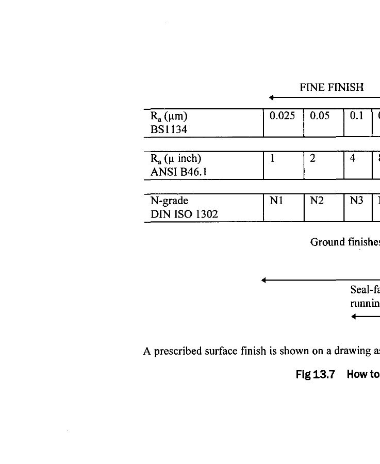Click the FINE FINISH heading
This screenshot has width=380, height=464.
(x=332, y=88)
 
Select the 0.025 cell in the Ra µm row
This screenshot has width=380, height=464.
(x=283, y=116)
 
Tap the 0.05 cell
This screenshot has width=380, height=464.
(x=320, y=116)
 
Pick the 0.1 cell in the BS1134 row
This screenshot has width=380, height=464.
(x=357, y=116)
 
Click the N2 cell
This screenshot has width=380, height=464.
(x=317, y=201)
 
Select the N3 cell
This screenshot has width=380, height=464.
(x=357, y=201)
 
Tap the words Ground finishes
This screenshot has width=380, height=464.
(x=344, y=242)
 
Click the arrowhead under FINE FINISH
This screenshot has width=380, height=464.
(x=271, y=97)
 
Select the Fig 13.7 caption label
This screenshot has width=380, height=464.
(x=315, y=374)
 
